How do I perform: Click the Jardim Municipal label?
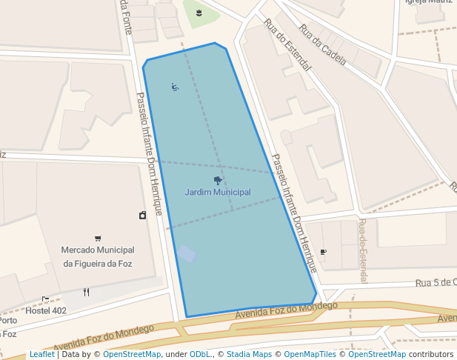pos(218,193)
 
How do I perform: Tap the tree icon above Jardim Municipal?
pos(218,180)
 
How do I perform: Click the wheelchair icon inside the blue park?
pos(175,87)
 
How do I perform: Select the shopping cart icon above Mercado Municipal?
pos(98,239)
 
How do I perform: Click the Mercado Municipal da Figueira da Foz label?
pos(98,257)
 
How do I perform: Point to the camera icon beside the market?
pos(142,216)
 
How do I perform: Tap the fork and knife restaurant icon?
pos(87,292)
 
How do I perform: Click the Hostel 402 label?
pos(46,310)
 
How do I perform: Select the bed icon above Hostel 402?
pos(45,299)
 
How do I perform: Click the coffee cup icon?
pos(323,253)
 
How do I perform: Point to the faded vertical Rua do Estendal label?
pos(363,250)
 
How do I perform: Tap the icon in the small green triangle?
pos(199,13)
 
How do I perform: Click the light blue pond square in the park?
pos(186,254)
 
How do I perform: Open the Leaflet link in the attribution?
pos(41,355)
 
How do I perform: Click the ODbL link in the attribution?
pos(200,355)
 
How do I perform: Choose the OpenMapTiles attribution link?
pos(310,355)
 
